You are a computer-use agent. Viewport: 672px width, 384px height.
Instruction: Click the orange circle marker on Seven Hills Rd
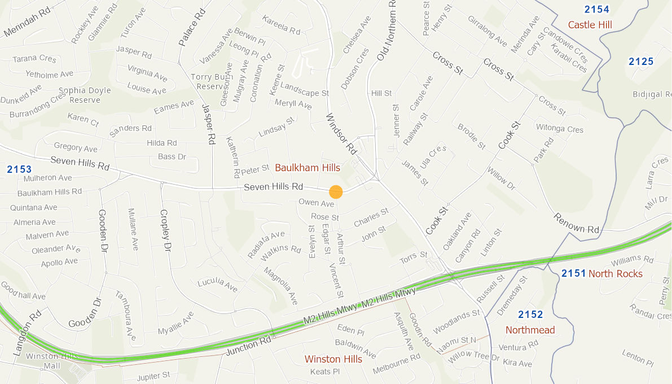point(336,192)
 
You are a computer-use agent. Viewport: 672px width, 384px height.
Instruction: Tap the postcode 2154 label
point(596,9)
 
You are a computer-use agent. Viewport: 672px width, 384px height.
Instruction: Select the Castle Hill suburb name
point(590,25)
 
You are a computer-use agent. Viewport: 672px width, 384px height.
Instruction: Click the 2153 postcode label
point(19,169)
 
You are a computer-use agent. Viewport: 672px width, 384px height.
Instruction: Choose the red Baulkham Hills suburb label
point(308,168)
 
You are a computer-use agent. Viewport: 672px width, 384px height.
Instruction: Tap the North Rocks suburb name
point(615,274)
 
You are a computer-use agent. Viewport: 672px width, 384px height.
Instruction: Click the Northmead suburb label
point(530,330)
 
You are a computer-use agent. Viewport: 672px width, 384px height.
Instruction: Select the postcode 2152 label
point(530,315)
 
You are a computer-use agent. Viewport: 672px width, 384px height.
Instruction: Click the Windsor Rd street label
point(342,134)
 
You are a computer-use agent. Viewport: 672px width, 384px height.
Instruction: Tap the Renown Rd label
point(576,223)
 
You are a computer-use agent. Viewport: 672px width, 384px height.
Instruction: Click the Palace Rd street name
point(190,28)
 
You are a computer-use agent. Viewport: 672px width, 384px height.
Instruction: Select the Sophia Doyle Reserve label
point(84,95)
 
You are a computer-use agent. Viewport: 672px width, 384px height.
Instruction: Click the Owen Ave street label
point(316,203)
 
